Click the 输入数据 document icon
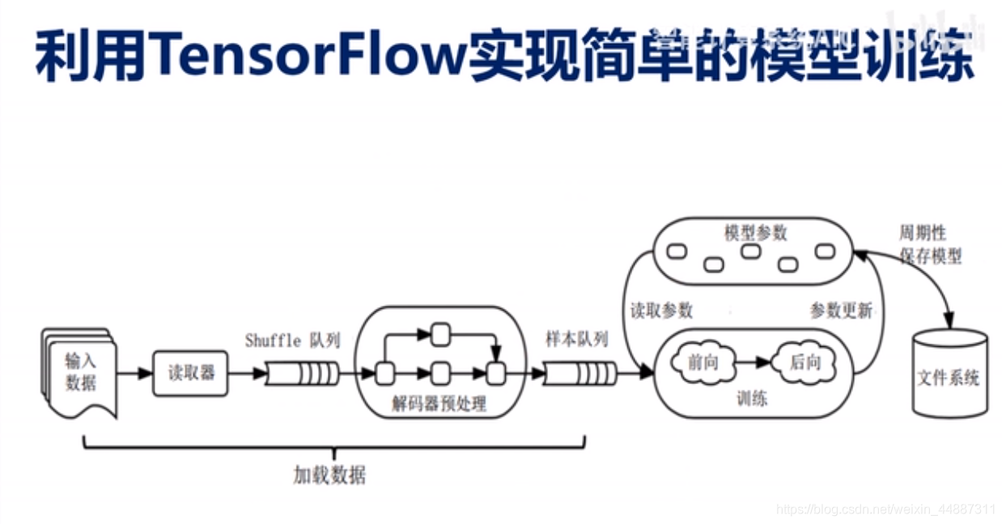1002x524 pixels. pos(79,373)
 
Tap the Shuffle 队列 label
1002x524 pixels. pos(292,340)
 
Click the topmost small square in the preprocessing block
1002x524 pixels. pos(440,332)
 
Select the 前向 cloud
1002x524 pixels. pos(703,362)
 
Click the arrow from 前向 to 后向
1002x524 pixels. pos(752,363)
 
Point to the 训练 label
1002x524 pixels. pos(752,398)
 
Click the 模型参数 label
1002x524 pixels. pos(754,233)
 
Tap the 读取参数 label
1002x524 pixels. pos(661,311)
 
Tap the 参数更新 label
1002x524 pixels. pos(841,311)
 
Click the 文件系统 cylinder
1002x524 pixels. pos(949,377)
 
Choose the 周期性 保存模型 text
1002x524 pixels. pos(930,244)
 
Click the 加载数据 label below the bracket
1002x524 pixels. pos(329,475)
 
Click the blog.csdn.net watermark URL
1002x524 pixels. pos(885,509)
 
